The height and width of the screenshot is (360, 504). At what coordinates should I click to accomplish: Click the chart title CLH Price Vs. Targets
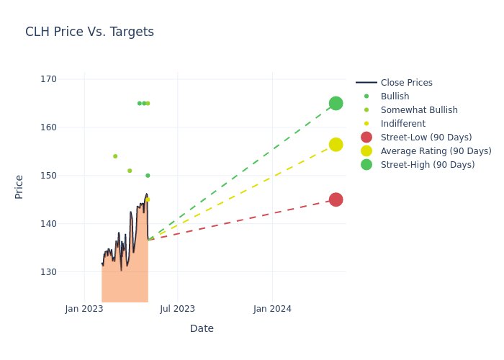tap(89, 32)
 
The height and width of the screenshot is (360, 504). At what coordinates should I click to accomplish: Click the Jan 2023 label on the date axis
tap(84, 309)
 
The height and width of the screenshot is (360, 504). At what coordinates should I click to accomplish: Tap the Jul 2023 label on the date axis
tap(177, 309)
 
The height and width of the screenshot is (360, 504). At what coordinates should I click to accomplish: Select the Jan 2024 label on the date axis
tap(273, 309)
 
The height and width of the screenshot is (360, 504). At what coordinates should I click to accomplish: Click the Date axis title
tap(202, 328)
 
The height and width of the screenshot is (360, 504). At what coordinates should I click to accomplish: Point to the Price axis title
tap(19, 186)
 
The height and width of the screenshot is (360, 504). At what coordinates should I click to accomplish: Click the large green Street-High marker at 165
tap(336, 104)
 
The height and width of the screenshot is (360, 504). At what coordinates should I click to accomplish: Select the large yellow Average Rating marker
tap(336, 145)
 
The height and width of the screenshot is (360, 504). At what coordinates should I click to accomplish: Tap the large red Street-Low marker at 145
tap(336, 199)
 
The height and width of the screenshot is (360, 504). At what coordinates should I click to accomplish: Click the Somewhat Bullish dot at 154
tap(115, 156)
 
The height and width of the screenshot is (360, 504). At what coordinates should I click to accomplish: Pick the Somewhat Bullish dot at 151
tap(130, 171)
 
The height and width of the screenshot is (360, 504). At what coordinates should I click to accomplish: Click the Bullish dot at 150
tap(148, 176)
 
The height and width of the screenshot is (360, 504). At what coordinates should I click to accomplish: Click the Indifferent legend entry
tap(402, 124)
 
